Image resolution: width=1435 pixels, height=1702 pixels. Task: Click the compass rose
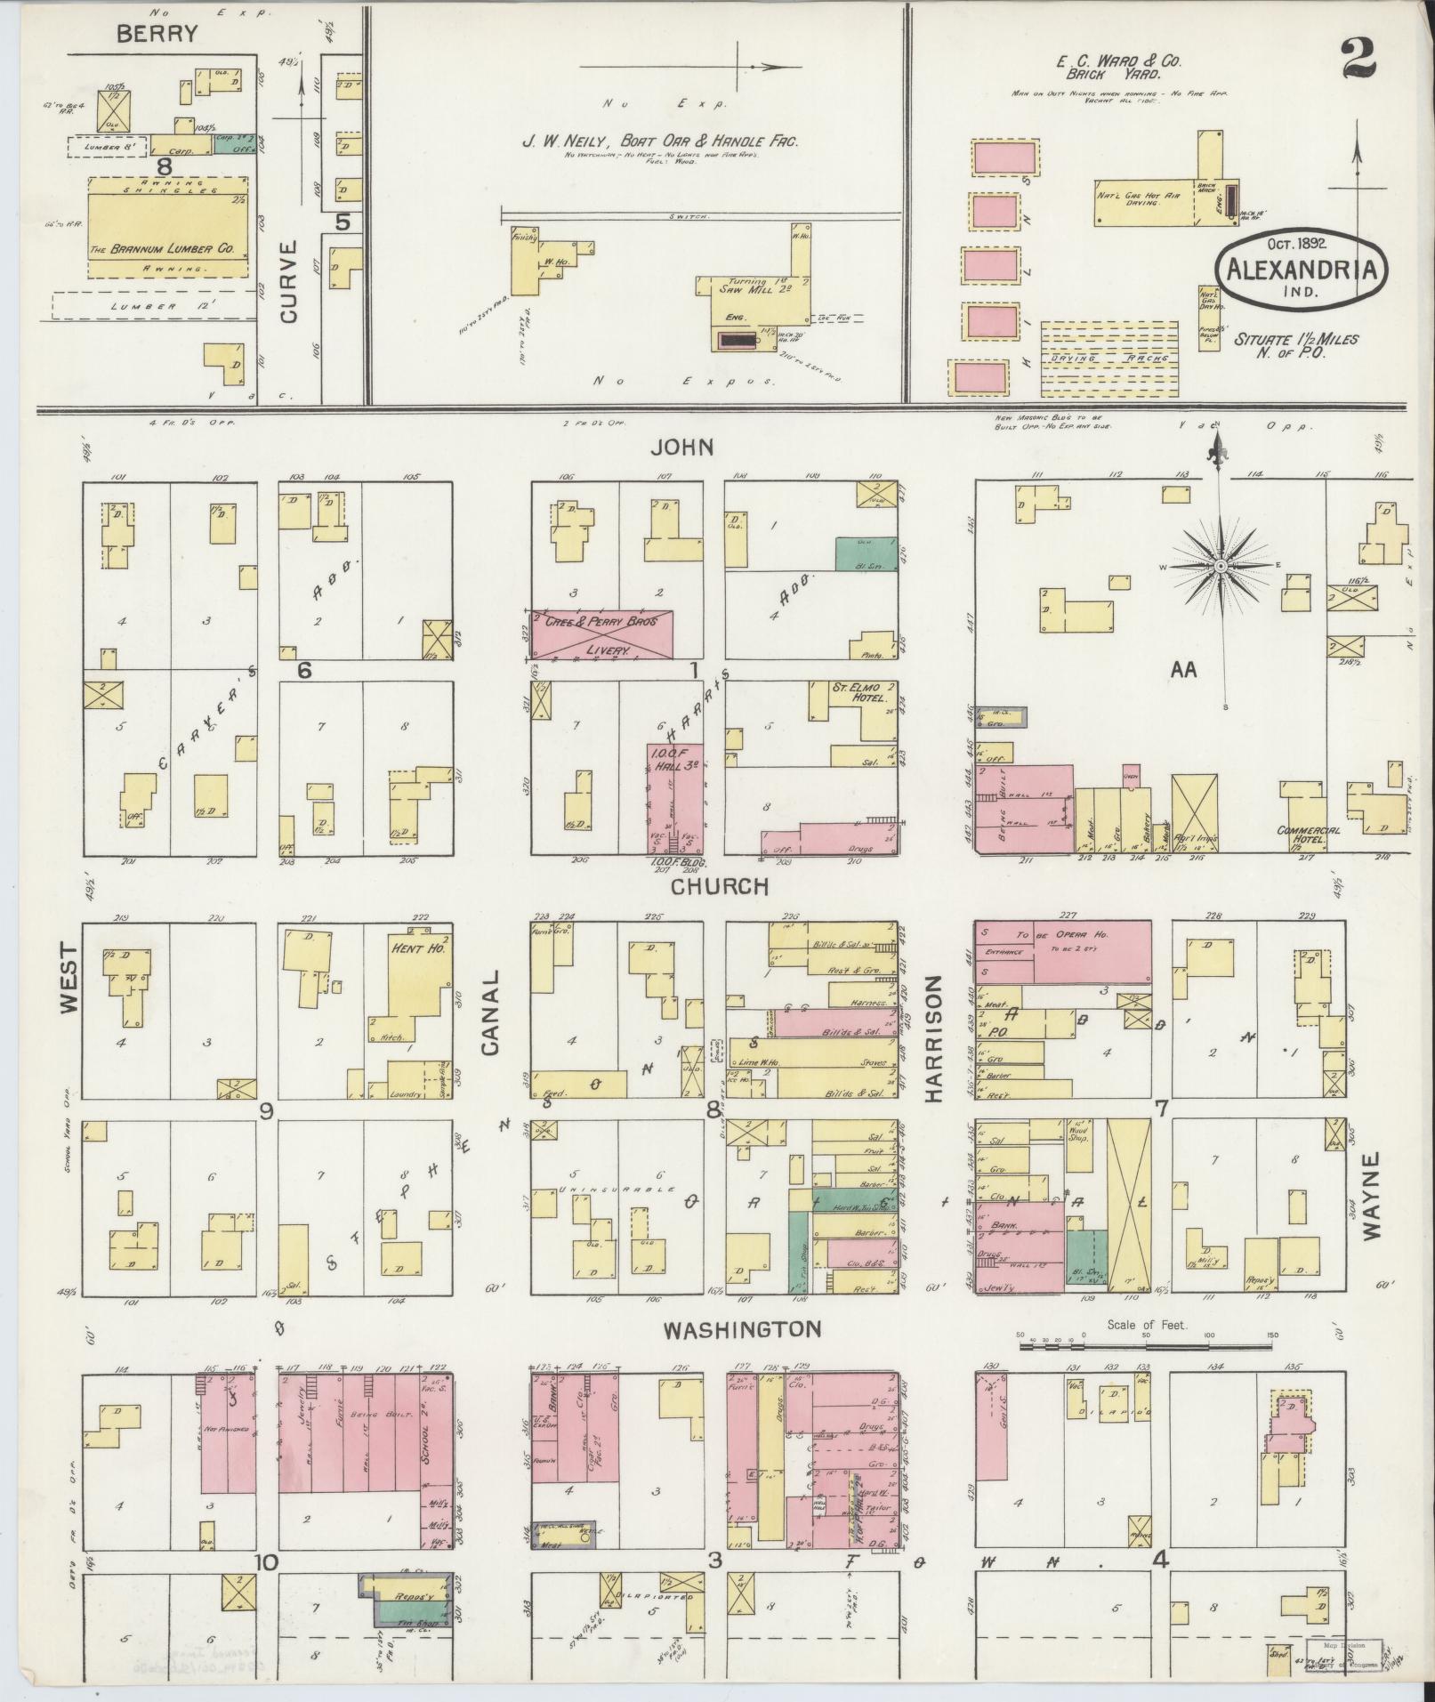1220,566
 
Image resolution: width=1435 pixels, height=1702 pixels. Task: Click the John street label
682,448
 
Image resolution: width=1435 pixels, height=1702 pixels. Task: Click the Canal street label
490,1024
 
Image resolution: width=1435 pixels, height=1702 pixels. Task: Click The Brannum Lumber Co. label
161,250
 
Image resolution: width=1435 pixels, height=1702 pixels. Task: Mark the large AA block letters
1183,670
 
